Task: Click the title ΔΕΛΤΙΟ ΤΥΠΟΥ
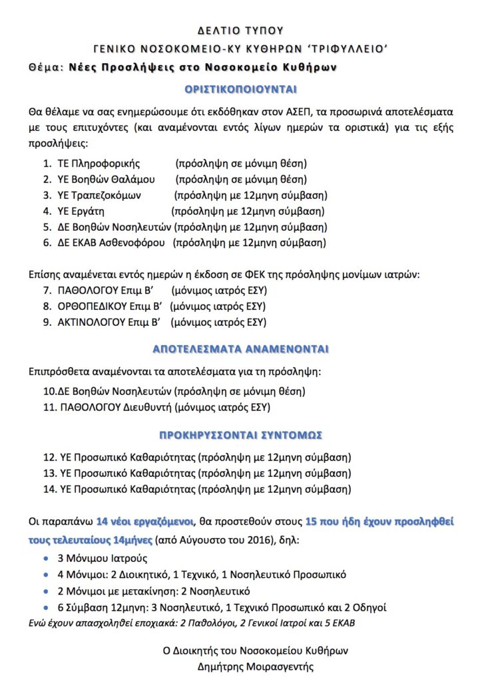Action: [241, 30]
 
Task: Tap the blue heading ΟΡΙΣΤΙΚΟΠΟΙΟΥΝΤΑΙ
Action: [240, 89]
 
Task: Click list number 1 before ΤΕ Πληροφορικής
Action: [47, 163]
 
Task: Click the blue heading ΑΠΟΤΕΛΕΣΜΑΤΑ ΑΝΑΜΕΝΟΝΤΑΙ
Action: [240, 349]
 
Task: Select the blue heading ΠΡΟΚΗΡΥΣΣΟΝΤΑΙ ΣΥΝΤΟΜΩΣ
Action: [240, 436]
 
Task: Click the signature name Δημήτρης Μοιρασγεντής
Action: [255, 666]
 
